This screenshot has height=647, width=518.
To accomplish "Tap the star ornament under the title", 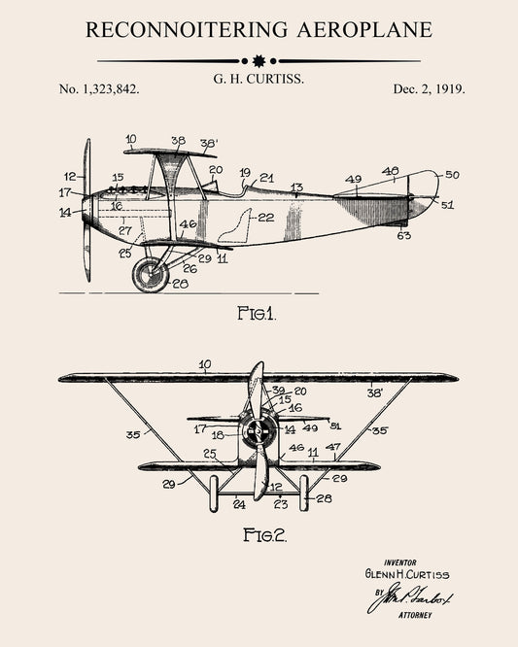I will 259,60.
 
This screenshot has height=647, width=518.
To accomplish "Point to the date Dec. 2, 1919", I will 429,88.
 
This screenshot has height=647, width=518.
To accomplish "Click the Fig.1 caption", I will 257,313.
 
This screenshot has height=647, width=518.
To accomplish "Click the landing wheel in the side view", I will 151,275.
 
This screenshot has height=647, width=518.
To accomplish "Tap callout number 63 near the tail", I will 404,235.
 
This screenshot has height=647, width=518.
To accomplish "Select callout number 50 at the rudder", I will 452,175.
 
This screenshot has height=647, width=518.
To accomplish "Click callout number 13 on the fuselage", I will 296,187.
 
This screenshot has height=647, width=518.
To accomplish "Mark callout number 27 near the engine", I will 124,230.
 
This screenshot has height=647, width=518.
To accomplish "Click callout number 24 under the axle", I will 239,504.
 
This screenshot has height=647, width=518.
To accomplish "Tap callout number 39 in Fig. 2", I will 278,390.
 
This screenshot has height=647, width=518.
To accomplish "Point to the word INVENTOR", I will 400,561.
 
